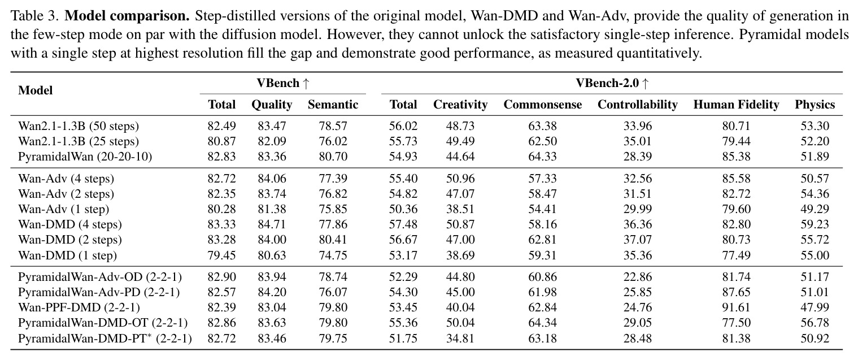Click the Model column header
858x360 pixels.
coord(35,90)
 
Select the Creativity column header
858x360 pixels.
coord(460,105)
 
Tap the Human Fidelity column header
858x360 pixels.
coord(736,105)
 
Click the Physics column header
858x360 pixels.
coord(815,105)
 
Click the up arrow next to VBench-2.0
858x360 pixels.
coord(645,83)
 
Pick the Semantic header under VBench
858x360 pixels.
coord(333,105)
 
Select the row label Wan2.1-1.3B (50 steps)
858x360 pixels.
coord(79,126)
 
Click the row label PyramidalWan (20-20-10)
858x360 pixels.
coord(85,157)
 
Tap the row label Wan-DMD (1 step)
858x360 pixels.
coord(67,255)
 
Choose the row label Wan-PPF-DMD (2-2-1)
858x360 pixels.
coord(79,307)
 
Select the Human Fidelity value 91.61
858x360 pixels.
coord(736,307)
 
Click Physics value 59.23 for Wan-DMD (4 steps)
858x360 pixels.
coord(815,224)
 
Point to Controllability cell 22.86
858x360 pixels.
coord(637,277)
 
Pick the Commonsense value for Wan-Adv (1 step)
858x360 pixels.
coord(542,209)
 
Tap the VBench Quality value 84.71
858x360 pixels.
coord(272,224)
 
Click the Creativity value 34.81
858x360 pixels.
coord(460,339)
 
